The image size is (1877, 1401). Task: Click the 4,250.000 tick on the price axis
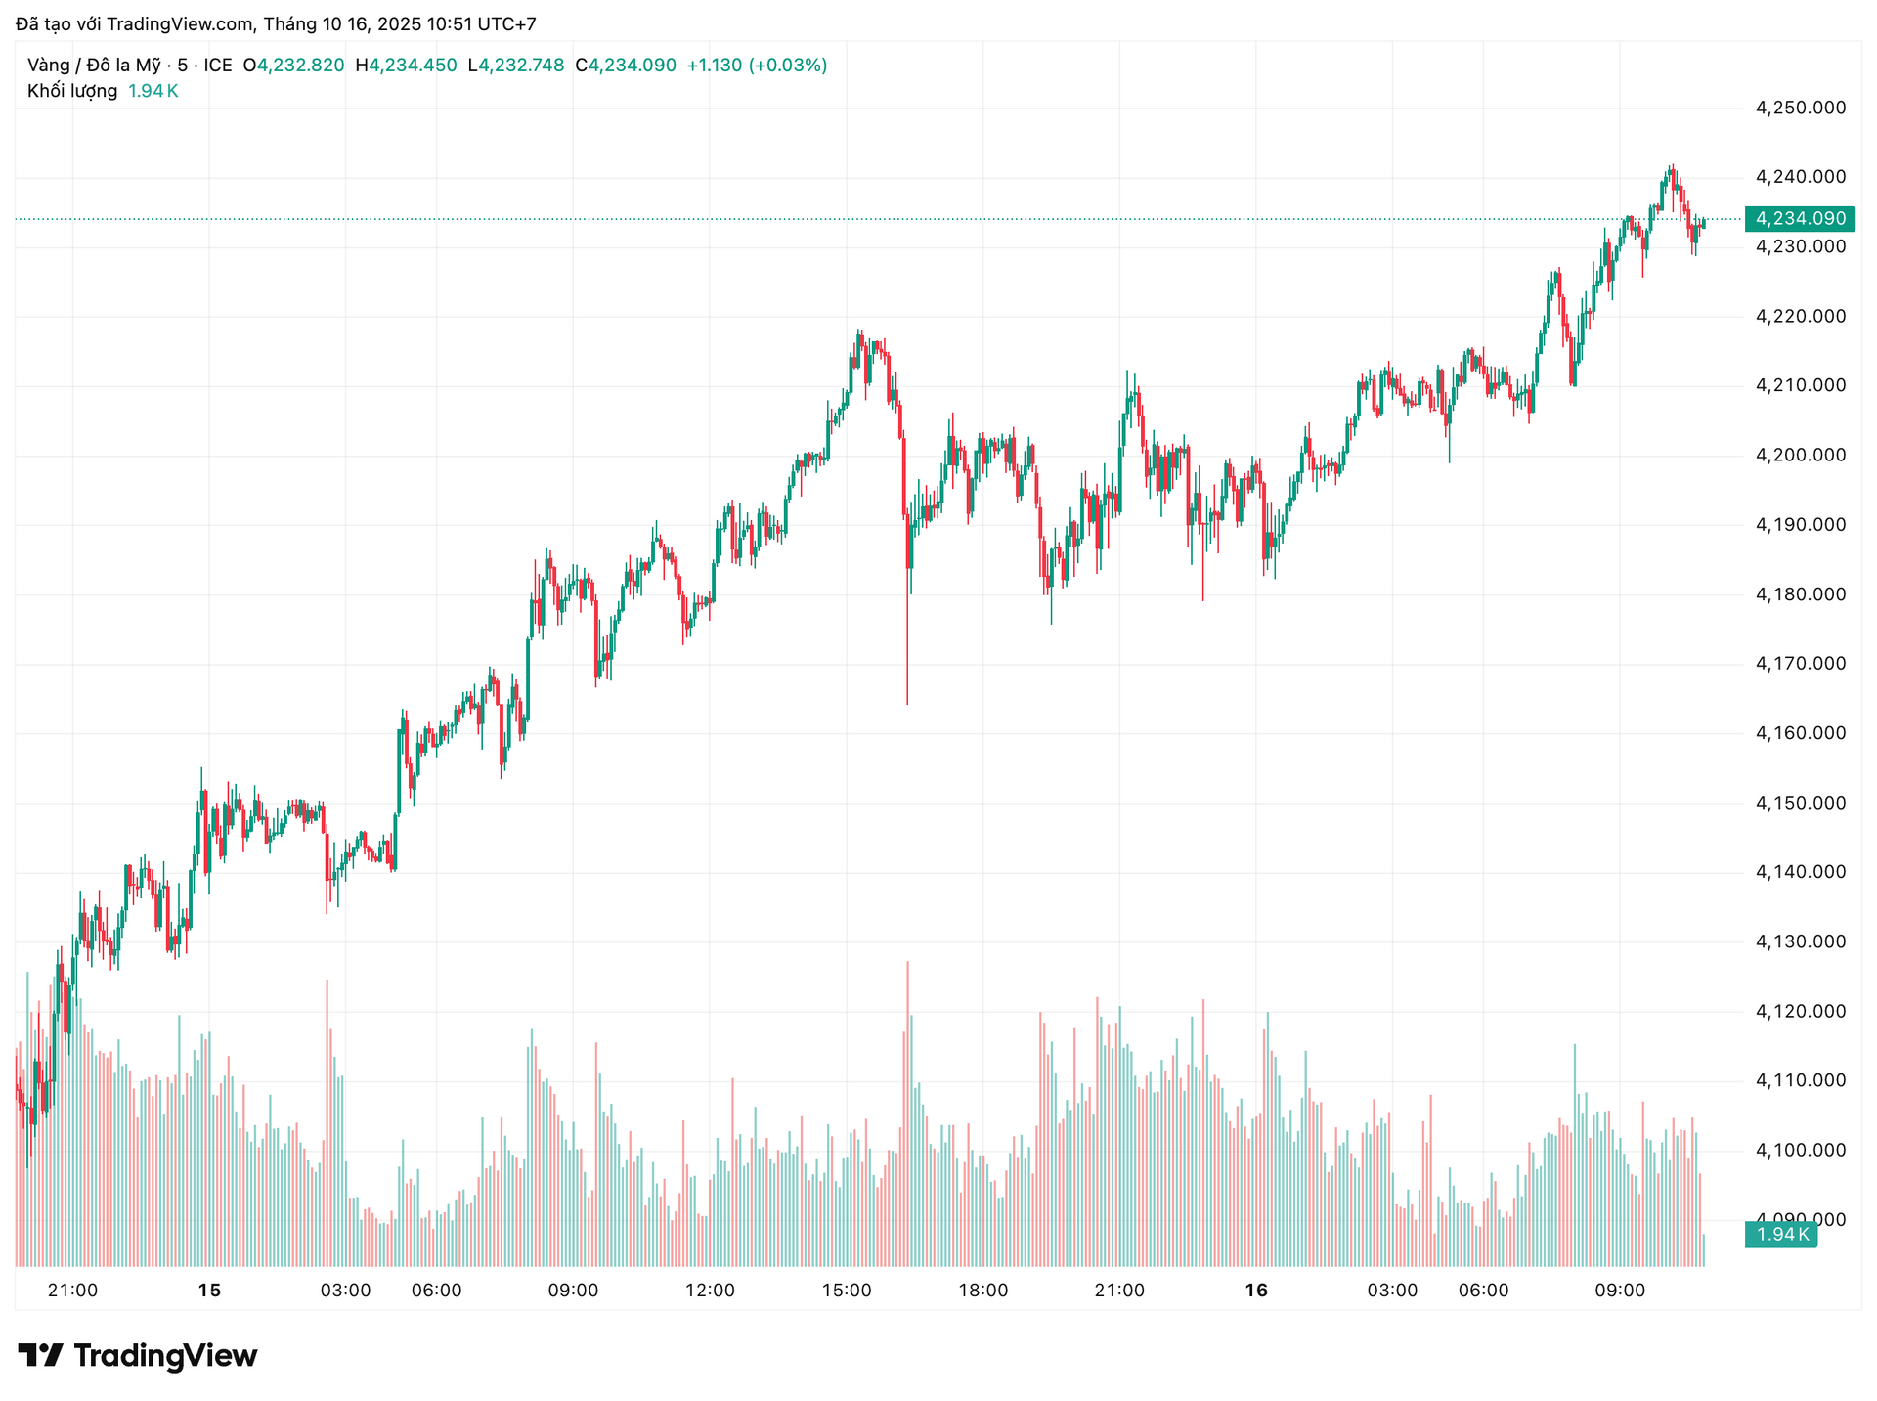click(1801, 108)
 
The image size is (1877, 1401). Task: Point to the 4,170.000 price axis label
click(1801, 664)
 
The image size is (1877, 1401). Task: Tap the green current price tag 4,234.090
click(1800, 219)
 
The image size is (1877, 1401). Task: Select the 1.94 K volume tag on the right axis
click(1781, 1235)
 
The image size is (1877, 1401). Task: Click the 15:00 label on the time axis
click(846, 1291)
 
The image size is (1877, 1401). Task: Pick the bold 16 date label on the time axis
click(1256, 1291)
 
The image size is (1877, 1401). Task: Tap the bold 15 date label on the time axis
click(209, 1291)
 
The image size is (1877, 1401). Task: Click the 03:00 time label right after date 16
click(1392, 1291)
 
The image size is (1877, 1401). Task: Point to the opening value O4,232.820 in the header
click(293, 66)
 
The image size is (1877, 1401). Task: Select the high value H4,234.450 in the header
click(406, 66)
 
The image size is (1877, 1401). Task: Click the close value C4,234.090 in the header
click(626, 66)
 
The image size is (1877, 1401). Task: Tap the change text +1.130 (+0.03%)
click(757, 66)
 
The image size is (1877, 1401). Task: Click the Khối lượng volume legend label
click(72, 91)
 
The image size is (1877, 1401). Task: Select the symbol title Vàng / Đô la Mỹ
click(94, 66)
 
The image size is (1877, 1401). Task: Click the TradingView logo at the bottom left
click(138, 1356)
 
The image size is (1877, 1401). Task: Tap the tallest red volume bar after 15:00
click(907, 1115)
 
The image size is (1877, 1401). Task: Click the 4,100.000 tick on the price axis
click(1801, 1150)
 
